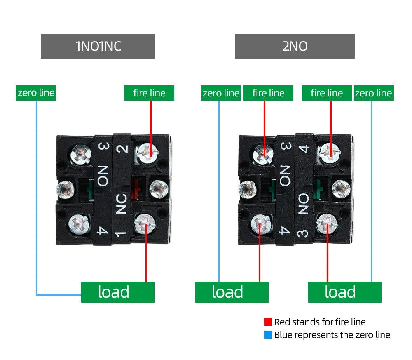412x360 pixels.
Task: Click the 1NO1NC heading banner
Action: (x=98, y=46)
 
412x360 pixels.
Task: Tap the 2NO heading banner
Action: (x=295, y=46)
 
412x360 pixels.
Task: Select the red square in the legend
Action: (x=268, y=322)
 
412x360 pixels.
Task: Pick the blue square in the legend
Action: (x=268, y=334)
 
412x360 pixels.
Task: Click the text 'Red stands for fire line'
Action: (x=320, y=322)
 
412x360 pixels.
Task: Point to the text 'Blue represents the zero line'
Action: (x=332, y=335)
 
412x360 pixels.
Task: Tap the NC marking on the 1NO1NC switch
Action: (x=121, y=204)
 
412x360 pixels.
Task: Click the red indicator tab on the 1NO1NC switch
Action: (x=136, y=189)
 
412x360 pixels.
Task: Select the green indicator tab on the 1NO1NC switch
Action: (x=91, y=190)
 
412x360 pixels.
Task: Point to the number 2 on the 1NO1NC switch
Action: (x=122, y=149)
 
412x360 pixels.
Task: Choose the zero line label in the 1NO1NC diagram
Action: (x=36, y=92)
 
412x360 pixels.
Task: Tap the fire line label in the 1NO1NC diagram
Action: (x=149, y=92)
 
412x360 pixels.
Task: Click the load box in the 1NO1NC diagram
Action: (x=118, y=292)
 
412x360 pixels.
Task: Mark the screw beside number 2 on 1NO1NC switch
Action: (x=147, y=153)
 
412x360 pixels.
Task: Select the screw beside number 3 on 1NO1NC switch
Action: (x=81, y=155)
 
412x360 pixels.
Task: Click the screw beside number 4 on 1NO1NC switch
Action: (x=79, y=224)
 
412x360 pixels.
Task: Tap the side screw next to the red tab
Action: (x=159, y=189)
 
